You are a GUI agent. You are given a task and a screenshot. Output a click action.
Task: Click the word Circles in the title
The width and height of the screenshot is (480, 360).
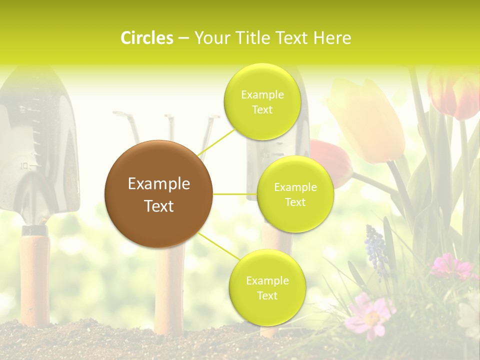[x=147, y=38]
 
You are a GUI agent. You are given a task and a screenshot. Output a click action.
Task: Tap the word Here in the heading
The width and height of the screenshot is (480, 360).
[x=332, y=38]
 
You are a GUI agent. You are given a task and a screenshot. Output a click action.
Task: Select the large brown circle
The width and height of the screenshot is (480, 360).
[x=158, y=194]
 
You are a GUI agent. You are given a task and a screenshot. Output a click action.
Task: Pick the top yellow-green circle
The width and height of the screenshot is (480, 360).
[x=262, y=101]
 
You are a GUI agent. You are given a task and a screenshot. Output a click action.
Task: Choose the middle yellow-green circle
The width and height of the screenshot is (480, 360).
[x=295, y=194]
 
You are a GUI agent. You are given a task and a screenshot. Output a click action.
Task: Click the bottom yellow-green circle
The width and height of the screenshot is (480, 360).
[x=267, y=287]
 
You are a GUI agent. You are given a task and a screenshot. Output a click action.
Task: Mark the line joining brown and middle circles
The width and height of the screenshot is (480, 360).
[x=235, y=194]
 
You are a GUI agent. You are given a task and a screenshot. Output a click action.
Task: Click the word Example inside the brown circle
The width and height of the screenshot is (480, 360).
[x=158, y=184]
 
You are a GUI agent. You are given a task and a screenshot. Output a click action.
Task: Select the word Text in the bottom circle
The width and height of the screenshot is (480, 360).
[x=267, y=295]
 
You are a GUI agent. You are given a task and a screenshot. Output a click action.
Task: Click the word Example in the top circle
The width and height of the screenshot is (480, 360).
[x=262, y=94]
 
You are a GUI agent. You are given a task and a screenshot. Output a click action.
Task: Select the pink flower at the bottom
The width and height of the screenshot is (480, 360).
[x=370, y=315]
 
